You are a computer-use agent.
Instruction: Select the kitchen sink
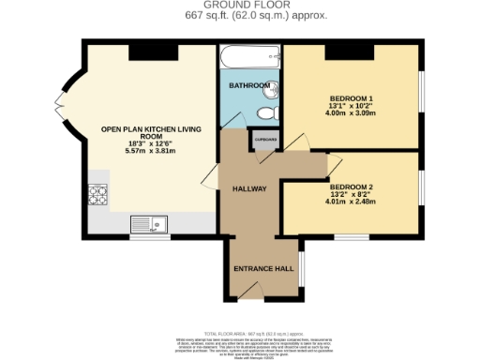[147, 223]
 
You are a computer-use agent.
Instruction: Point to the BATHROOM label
[250, 86]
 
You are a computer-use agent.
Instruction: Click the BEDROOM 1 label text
[352, 97]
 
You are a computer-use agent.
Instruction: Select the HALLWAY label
[249, 188]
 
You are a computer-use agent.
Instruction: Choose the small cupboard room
[262, 142]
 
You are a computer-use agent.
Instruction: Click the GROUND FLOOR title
[239, 6]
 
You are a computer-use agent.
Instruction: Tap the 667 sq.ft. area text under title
[239, 16]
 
